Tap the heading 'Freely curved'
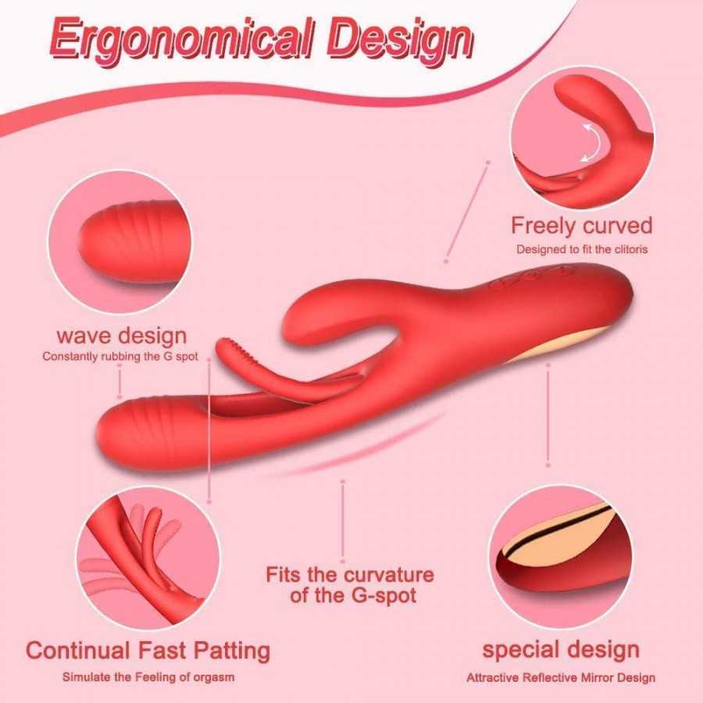[x=581, y=226]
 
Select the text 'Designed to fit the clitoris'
[x=582, y=249]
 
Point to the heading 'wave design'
[x=122, y=336]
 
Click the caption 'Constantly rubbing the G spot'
[x=120, y=356]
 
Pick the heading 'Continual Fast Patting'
[x=148, y=651]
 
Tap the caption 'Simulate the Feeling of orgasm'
[x=148, y=676]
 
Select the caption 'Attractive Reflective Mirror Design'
[x=561, y=677]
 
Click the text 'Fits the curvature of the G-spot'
[x=350, y=585]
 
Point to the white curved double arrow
[x=591, y=143]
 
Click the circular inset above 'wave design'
[x=120, y=242]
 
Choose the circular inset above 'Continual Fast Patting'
[x=148, y=558]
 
